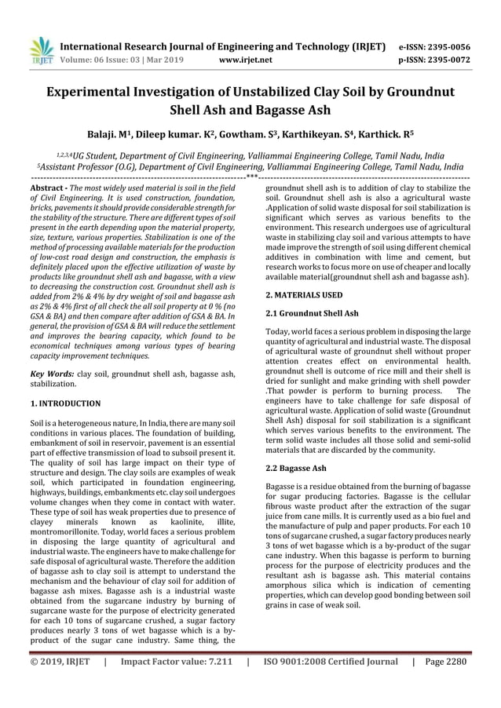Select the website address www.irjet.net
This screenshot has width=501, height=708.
pyautogui.click(x=245, y=59)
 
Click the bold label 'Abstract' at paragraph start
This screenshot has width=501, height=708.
pyautogui.click(x=48, y=189)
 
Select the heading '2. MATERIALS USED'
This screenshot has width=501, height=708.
pyautogui.click(x=304, y=294)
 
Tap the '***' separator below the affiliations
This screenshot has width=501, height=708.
pyautogui.click(x=251, y=178)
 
